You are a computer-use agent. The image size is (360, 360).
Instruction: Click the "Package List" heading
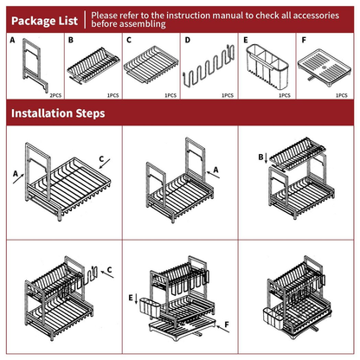point(45,21)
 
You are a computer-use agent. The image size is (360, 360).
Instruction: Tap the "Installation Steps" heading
point(58,113)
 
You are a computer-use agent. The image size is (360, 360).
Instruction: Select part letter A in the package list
point(12,40)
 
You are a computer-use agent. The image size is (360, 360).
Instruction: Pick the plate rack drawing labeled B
point(93,66)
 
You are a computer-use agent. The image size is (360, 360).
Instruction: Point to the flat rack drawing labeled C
point(151,64)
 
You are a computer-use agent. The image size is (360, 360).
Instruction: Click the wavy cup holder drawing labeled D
point(209,67)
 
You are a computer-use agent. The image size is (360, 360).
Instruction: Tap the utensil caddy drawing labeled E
point(267,67)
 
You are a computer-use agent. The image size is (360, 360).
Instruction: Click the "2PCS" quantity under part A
point(55,95)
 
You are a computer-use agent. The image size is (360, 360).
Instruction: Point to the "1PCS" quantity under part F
point(342,95)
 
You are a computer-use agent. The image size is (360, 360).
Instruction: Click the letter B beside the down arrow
point(260,157)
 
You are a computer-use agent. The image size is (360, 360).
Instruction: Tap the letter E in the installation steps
point(131,298)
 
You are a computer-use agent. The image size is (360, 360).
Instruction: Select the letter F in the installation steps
point(227,325)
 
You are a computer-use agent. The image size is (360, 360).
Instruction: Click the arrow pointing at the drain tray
point(222,330)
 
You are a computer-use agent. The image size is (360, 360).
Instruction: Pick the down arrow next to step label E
point(137,299)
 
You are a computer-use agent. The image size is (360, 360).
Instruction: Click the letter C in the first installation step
point(101,159)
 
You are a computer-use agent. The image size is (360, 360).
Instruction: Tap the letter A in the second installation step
point(215,170)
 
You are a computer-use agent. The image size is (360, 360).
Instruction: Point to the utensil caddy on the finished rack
point(273,318)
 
